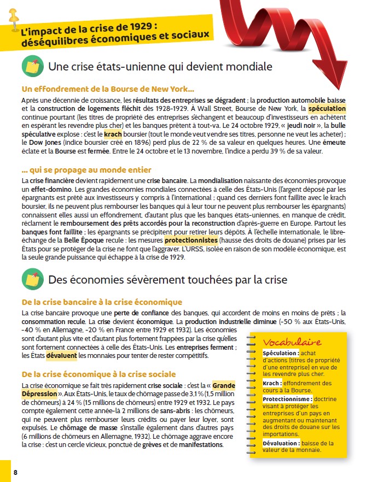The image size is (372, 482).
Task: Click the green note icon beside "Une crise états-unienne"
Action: (x=32, y=67)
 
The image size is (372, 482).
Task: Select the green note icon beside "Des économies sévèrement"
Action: (x=32, y=279)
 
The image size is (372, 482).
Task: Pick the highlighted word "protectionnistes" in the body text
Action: (x=191, y=240)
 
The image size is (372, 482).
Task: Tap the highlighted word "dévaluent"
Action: (x=62, y=355)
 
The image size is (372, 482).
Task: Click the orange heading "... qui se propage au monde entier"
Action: (x=86, y=170)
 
